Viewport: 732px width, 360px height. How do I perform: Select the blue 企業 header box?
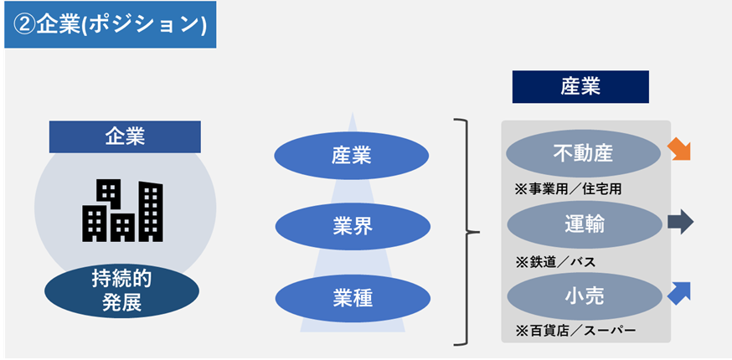point(125,136)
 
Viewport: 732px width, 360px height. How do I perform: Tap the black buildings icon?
point(122,209)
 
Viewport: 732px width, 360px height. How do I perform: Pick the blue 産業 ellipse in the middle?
point(351,156)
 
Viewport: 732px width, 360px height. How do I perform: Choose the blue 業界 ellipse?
point(351,226)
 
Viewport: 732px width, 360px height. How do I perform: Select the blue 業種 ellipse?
point(351,297)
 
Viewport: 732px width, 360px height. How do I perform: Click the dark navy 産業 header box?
point(580,86)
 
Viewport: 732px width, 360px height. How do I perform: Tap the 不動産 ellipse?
point(584,153)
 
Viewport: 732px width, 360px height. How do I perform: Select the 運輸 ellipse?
point(584,224)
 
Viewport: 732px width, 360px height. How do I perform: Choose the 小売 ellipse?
point(584,296)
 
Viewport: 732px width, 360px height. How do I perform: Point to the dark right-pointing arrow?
point(680,222)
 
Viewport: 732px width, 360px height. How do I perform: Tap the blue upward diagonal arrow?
point(680,292)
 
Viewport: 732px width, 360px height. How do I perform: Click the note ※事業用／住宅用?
point(568,190)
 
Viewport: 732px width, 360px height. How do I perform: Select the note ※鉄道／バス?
point(555,261)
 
